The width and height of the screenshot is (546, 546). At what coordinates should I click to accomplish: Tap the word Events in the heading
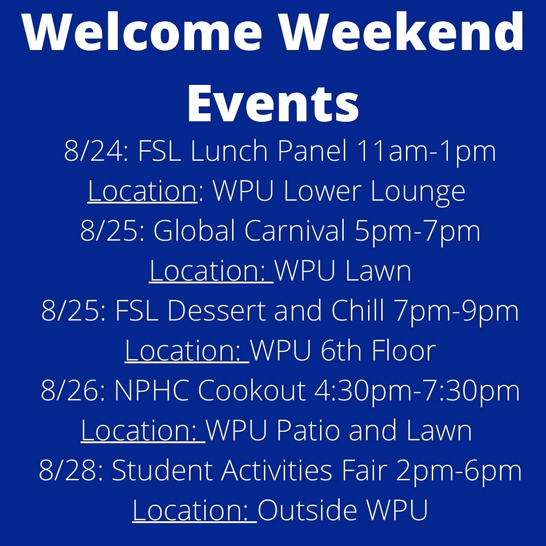(x=273, y=104)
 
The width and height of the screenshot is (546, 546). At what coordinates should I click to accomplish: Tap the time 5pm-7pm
(x=418, y=232)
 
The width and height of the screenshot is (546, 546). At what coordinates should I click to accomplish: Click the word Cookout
(x=252, y=391)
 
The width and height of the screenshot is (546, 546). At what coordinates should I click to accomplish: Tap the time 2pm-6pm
(x=459, y=471)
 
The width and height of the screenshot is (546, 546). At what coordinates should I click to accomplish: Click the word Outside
(x=309, y=510)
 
